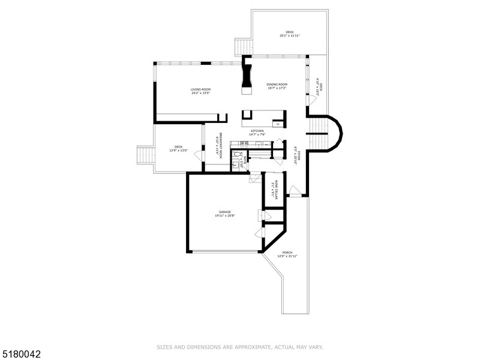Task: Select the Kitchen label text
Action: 257,131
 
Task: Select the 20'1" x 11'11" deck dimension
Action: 289,35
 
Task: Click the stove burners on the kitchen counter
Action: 245,145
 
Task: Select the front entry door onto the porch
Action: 295,192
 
